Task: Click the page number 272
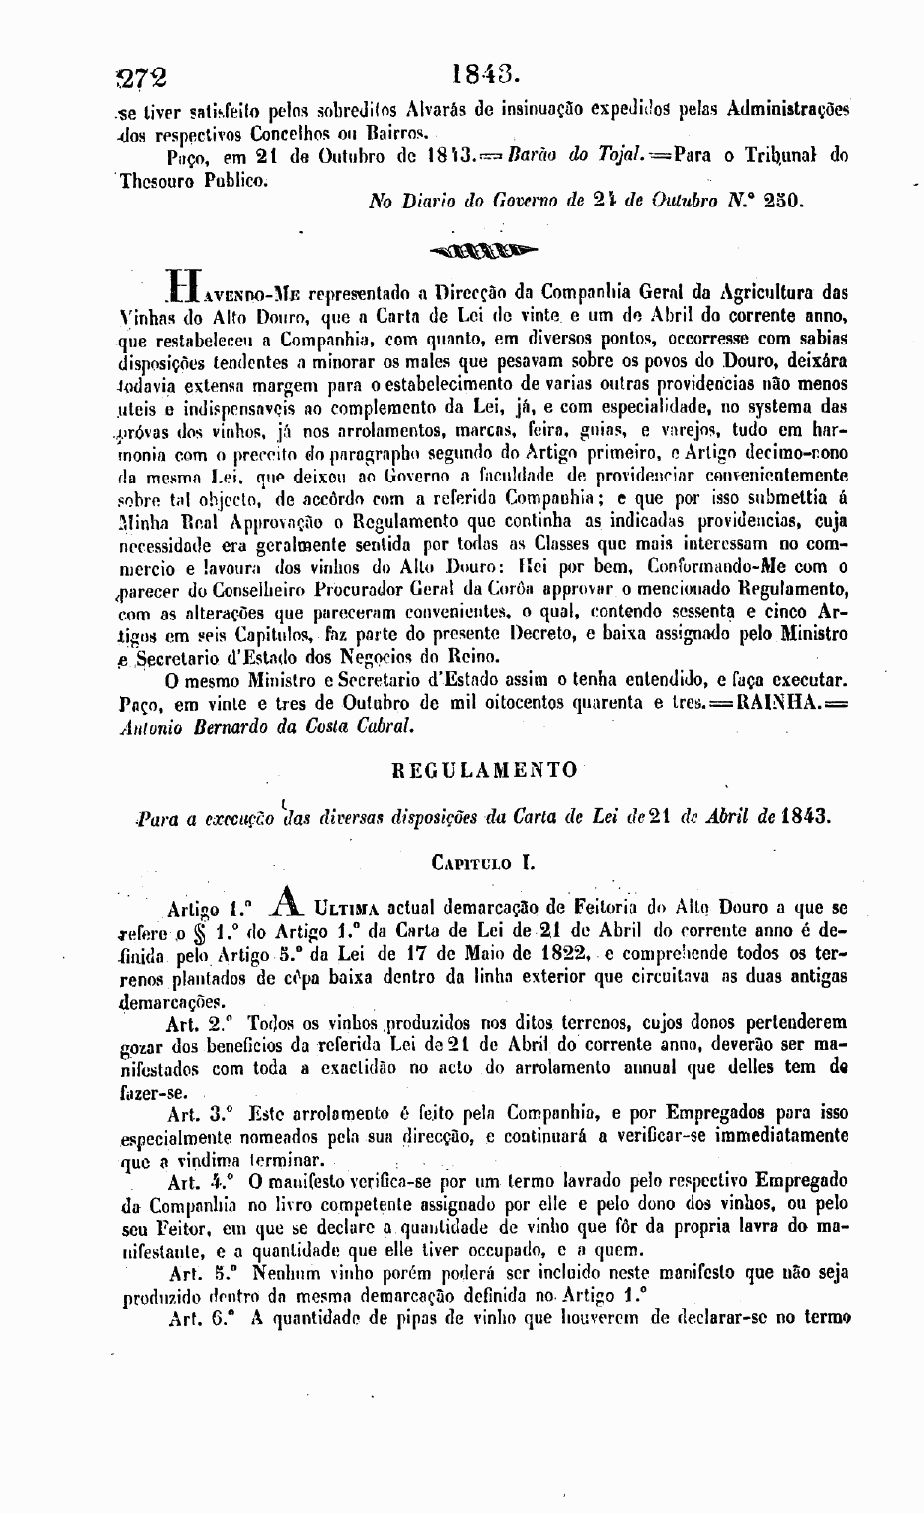click(142, 77)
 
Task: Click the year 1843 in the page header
click(485, 74)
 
